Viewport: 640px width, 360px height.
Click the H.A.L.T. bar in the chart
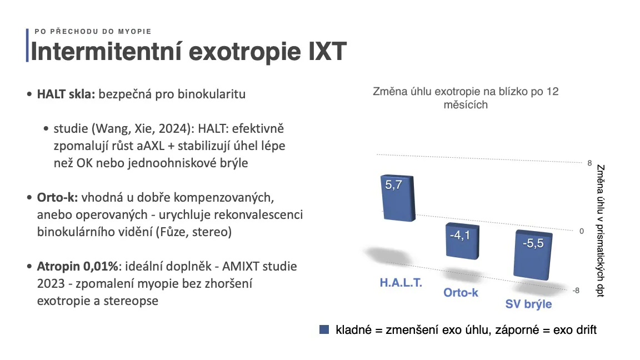pyautogui.click(x=398, y=198)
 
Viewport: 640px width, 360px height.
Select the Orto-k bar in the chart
pyautogui.click(x=462, y=241)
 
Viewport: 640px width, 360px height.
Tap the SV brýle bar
pyautogui.click(x=533, y=255)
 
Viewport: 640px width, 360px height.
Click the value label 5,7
pyautogui.click(x=393, y=185)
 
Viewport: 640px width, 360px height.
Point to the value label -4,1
pyautogui.click(x=460, y=235)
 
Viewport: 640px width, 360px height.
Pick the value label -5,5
pyautogui.click(x=533, y=243)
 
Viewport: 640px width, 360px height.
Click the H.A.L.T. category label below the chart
pyautogui.click(x=401, y=282)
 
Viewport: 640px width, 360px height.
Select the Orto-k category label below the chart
pyautogui.click(x=461, y=293)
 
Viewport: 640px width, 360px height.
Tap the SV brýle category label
pyautogui.click(x=528, y=304)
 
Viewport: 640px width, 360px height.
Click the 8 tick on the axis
pyautogui.click(x=589, y=163)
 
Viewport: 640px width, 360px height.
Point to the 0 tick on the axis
pyautogui.click(x=582, y=231)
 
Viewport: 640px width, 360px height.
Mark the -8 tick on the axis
pyautogui.click(x=576, y=291)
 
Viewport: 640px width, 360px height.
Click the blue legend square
pyautogui.click(x=324, y=329)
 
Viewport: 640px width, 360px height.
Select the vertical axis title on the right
pyautogui.click(x=600, y=231)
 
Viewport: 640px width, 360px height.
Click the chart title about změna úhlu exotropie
pyautogui.click(x=466, y=98)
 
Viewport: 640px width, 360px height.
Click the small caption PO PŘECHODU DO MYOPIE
pyautogui.click(x=93, y=32)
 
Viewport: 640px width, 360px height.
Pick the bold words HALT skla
pyautogui.click(x=66, y=94)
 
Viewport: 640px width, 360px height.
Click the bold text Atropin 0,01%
pyautogui.click(x=78, y=267)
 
